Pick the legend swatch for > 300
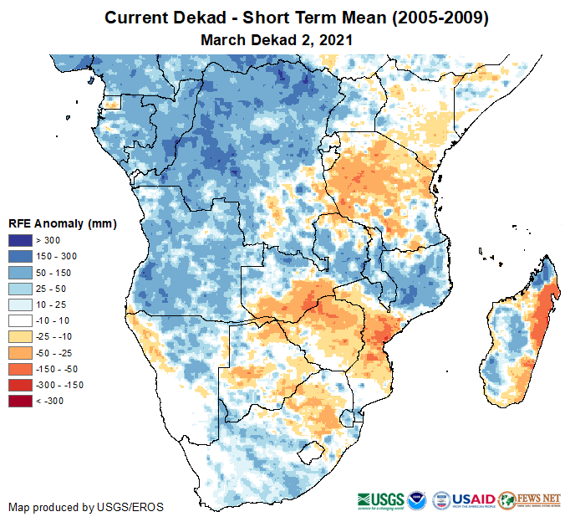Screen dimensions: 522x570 [x=19, y=241]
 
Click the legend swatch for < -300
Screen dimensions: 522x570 [x=19, y=402]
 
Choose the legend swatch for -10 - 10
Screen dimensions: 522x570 [x=19, y=321]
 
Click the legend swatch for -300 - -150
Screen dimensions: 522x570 [x=19, y=385]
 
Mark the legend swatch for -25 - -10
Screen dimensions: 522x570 [x=19, y=337]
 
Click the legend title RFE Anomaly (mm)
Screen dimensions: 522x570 [x=62, y=224]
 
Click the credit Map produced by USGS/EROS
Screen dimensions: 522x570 [x=86, y=507]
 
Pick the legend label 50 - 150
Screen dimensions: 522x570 [x=53, y=273]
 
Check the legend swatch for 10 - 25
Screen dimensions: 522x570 [x=19, y=304]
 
